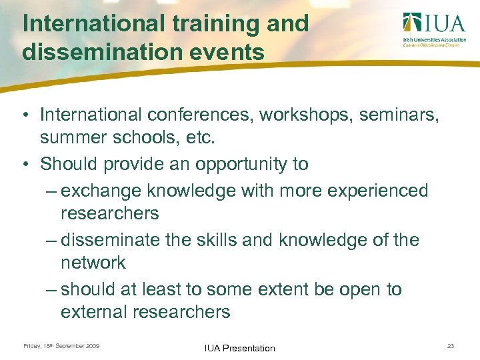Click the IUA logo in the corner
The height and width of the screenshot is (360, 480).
tap(434, 29)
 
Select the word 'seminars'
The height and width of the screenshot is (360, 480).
tap(398, 115)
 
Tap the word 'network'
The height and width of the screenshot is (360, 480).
tap(93, 263)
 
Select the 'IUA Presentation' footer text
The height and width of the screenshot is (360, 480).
tap(240, 348)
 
